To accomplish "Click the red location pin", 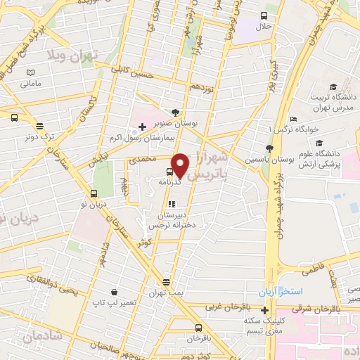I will [180, 165].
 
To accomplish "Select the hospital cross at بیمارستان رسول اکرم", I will [143, 127].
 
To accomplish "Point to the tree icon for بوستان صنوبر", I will [175, 112].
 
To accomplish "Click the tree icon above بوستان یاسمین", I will [269, 148].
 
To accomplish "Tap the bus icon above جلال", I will [264, 15].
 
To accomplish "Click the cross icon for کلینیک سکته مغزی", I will [265, 310].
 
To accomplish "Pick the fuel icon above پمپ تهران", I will [166, 281].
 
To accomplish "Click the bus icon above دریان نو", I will [94, 194].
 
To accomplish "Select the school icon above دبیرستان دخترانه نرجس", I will [172, 204].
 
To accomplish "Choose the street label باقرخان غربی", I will [223, 307].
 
